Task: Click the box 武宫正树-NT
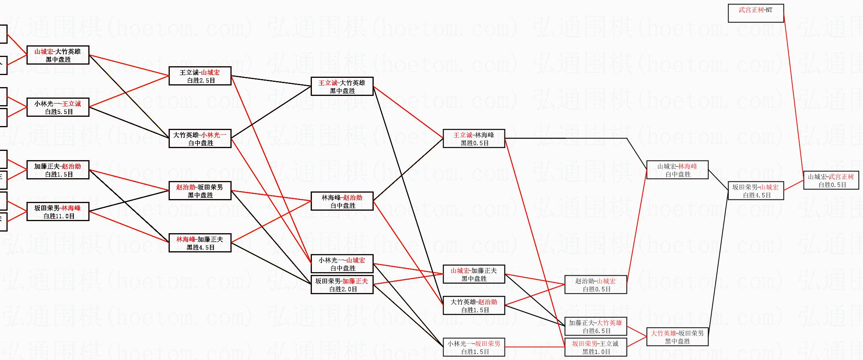tap(755, 13)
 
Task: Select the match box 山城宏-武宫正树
tap(830, 181)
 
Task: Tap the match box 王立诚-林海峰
tap(474, 139)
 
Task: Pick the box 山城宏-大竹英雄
tap(58, 55)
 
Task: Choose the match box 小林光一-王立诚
tap(58, 108)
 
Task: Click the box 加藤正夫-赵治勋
tap(58, 170)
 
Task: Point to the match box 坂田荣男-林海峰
tap(58, 212)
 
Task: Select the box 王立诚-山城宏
tap(200, 76)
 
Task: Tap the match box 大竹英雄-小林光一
tap(200, 139)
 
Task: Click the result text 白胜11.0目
tap(59, 216)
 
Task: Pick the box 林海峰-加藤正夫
tap(200, 243)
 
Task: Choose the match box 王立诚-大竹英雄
tap(342, 87)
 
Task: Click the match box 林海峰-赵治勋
tap(342, 201)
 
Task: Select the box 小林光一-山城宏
tap(342, 264)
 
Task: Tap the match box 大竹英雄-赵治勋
tap(474, 306)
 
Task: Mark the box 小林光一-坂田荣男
tap(474, 348)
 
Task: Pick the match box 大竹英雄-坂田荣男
tap(677, 337)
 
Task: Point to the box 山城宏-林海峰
tap(677, 170)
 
